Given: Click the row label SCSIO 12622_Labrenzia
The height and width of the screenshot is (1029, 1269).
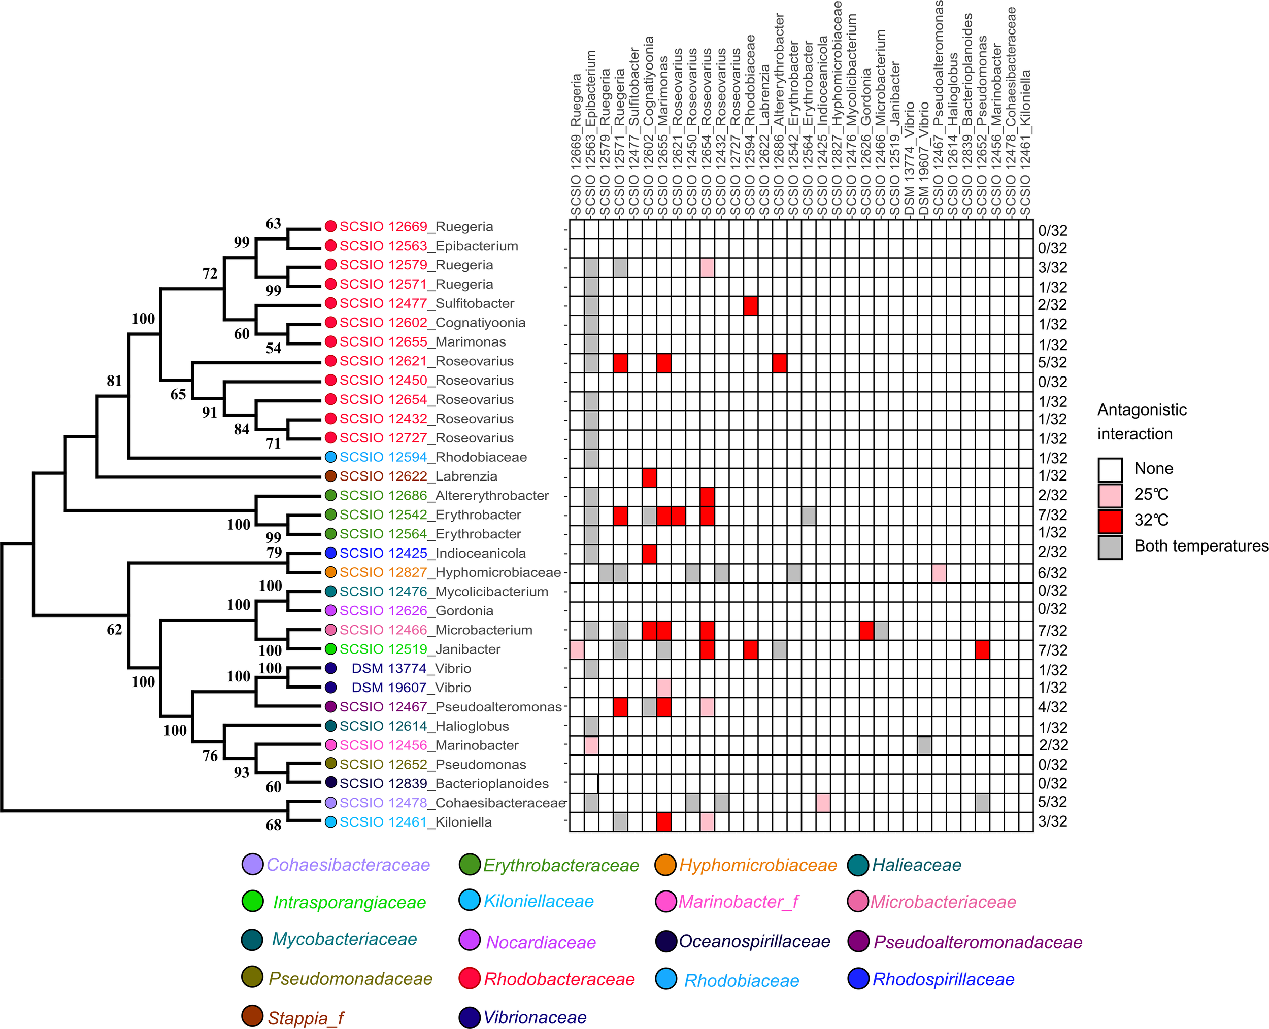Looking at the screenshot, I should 418,476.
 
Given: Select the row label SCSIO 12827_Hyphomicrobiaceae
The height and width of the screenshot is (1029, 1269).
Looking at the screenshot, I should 450,572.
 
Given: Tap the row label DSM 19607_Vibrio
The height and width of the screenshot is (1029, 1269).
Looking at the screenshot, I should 411,688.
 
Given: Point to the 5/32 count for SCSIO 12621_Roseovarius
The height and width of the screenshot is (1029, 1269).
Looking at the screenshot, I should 1053,362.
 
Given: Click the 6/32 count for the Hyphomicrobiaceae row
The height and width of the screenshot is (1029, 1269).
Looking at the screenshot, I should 1053,573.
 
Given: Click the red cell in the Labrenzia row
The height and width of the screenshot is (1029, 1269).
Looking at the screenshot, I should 649,476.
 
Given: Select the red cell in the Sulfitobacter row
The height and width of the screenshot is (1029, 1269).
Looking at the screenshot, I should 751,306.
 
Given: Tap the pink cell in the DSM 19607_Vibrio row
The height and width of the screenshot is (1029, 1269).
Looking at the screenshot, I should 664,688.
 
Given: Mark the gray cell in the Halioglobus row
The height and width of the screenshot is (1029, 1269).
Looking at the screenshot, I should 591,726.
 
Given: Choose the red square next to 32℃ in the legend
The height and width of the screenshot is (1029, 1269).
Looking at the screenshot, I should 1110,521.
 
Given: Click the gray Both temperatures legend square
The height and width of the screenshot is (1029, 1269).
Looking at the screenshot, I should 1110,547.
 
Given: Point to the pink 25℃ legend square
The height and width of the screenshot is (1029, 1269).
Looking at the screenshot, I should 1110,495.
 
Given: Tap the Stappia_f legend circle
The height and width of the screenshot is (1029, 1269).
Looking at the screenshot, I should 253,1016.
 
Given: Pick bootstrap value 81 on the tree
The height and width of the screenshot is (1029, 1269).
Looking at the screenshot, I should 114,381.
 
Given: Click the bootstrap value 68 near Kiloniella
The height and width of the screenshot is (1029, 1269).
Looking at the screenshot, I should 274,825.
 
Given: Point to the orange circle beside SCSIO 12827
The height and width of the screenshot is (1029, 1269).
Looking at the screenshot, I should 331,572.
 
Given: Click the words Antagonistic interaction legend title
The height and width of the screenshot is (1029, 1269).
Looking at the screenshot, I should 1142,422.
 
